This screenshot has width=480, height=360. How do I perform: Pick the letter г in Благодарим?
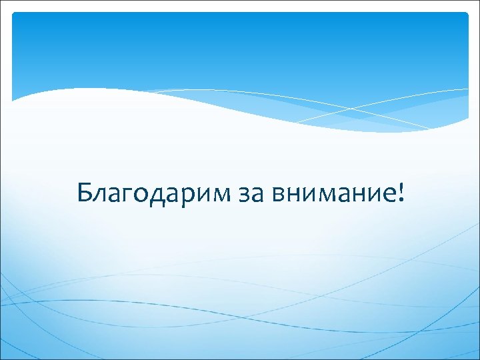[x=128, y=195]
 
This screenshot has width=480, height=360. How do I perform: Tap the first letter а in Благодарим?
[x=114, y=195]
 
